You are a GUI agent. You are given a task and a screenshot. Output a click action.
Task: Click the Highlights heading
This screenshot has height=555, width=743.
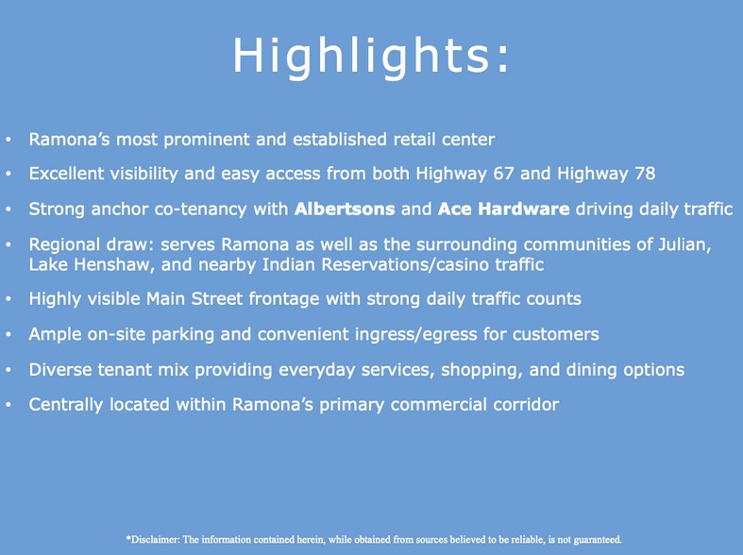click(x=370, y=56)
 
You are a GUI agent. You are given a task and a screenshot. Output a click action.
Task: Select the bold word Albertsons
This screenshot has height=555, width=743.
click(x=345, y=209)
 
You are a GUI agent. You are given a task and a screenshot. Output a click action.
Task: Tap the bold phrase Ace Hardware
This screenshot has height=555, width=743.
click(x=504, y=209)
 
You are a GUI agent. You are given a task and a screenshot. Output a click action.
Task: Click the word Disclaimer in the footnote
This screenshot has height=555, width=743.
click(x=153, y=539)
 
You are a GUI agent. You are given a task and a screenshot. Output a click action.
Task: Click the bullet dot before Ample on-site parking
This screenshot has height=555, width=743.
click(x=8, y=334)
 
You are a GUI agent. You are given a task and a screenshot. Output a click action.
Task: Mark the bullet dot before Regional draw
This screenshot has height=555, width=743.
click(x=8, y=244)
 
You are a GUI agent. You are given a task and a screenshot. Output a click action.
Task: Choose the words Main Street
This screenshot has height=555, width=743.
click(x=194, y=299)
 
